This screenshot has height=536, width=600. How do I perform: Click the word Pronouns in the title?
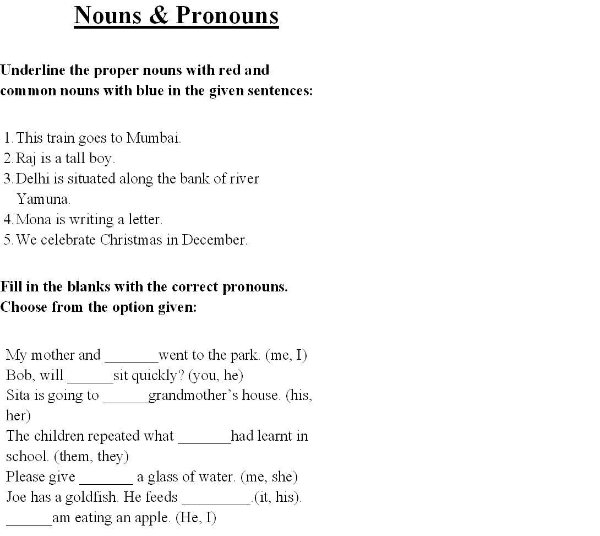(x=227, y=15)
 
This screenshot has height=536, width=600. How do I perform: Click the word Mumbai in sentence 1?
(x=154, y=138)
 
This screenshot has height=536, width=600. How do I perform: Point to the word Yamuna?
(x=43, y=199)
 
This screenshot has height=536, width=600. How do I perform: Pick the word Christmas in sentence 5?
(x=131, y=240)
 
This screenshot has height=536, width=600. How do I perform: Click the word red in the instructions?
(x=230, y=71)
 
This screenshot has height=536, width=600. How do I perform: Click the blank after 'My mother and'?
(x=131, y=358)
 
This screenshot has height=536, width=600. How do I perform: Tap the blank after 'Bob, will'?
(x=90, y=378)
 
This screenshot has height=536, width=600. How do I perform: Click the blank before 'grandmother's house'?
(x=126, y=399)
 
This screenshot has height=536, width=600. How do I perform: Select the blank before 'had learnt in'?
(x=204, y=440)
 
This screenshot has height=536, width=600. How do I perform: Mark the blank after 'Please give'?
(x=106, y=480)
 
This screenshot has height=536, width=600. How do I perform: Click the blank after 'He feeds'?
(x=216, y=501)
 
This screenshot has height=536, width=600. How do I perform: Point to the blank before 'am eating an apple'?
(x=29, y=521)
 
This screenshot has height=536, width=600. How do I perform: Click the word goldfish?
(x=92, y=497)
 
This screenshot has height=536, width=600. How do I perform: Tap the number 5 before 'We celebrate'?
(x=8, y=240)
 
